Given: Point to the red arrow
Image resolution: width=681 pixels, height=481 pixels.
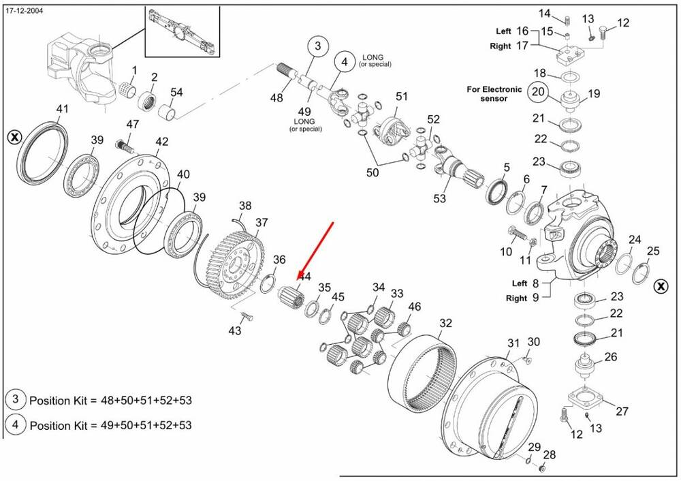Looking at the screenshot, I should click(315, 249).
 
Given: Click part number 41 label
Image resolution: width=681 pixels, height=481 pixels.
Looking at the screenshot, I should click(63, 109).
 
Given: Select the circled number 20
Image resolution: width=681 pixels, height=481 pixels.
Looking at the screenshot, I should click(539, 91).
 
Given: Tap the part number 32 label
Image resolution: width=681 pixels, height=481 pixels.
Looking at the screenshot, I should click(445, 323).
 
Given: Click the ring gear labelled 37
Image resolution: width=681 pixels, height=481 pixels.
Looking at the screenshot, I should click(236, 259).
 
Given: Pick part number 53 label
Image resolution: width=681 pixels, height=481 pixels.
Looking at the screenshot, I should click(440, 199).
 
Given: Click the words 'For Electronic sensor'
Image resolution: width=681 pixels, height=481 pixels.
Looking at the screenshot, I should click(494, 93).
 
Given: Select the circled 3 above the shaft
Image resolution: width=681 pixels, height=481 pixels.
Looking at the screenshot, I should click(317, 46).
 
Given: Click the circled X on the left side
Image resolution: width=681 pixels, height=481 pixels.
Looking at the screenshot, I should click(14, 138).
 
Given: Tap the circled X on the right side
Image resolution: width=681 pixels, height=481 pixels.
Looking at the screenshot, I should click(660, 286).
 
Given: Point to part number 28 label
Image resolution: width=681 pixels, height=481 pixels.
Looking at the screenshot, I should click(550, 455).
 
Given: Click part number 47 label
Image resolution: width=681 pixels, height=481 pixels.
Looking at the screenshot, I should click(132, 125).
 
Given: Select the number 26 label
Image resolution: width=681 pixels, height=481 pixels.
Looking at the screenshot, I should click(610, 357).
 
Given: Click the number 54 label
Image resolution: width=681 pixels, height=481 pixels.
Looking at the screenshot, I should click(176, 92).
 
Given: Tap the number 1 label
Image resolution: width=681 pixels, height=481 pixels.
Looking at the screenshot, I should click(134, 70).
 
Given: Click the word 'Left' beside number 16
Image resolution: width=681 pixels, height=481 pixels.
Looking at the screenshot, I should click(503, 31).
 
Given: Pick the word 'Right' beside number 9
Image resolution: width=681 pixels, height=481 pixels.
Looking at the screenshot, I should click(516, 298).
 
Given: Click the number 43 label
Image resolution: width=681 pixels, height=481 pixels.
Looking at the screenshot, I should click(234, 330).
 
